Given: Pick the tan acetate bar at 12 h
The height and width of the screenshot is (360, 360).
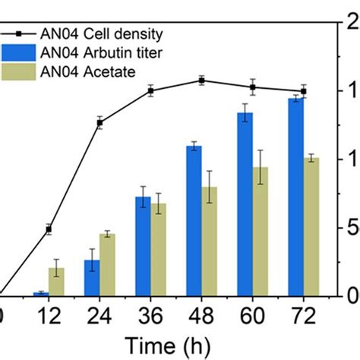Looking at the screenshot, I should click(56, 282).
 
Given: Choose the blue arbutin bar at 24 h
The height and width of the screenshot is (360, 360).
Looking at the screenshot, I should click(91, 277).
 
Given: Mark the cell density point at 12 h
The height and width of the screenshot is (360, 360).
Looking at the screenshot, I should click(49, 229).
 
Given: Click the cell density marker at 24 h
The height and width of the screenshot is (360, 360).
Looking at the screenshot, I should click(99, 122).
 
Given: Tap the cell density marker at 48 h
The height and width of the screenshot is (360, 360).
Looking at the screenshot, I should click(201, 80).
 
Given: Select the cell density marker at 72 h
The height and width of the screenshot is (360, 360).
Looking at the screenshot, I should click(303, 91).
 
